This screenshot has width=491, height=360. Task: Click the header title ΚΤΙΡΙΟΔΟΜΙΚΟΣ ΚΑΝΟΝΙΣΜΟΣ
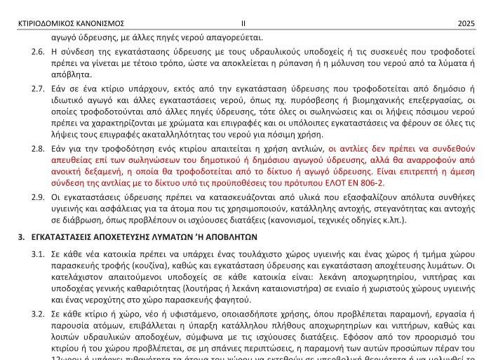pos(71,24)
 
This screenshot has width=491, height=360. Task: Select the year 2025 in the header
pos(466,24)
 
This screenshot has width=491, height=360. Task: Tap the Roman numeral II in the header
pos(243,24)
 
